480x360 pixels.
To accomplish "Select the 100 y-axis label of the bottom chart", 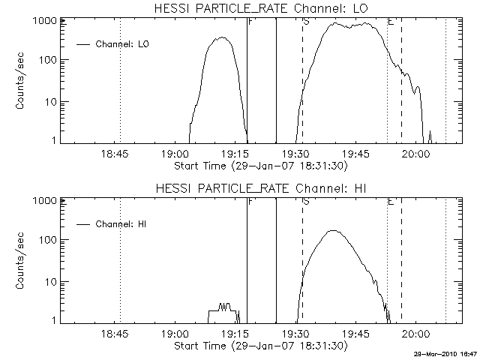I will click(48, 240).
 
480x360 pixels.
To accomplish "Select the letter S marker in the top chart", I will click(306, 22).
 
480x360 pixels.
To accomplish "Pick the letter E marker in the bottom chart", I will click(391, 202).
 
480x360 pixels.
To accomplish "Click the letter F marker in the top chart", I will click(250, 22).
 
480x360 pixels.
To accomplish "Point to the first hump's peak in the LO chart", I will click(221, 37).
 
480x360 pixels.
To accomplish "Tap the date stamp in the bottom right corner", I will click(447, 352).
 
